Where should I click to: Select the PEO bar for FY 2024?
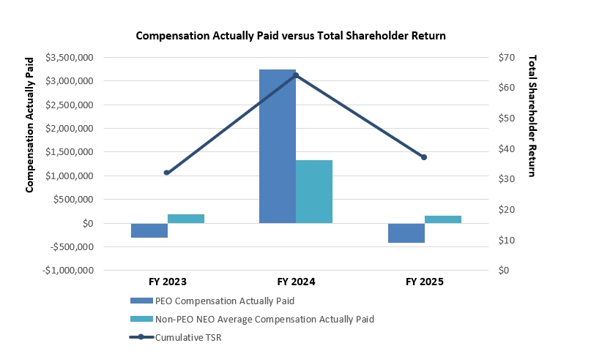point(278,146)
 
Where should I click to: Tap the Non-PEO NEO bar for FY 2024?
point(314,192)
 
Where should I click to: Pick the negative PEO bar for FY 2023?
point(149,230)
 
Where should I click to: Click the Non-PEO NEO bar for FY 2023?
point(186,219)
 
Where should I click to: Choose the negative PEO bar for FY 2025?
point(406,233)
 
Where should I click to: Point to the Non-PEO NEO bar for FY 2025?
point(443,219)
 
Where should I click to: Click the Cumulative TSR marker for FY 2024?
point(296,75)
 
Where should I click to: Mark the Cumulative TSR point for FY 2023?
point(167,173)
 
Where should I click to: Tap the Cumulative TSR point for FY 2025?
point(424,157)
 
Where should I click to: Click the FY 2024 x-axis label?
point(296,281)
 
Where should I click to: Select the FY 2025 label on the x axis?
point(424,281)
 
